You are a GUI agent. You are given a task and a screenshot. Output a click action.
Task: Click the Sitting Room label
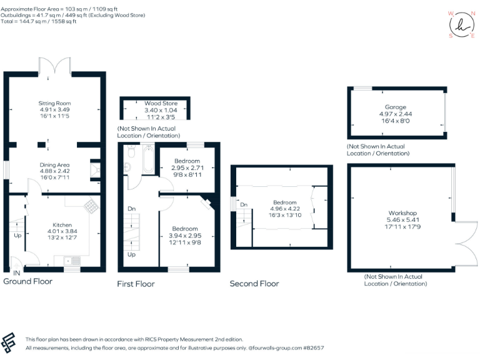[55, 103]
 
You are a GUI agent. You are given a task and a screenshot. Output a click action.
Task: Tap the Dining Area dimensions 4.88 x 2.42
[55, 171]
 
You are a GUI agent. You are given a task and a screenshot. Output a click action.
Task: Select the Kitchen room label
[62, 224]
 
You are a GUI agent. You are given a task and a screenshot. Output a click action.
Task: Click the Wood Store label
[161, 103]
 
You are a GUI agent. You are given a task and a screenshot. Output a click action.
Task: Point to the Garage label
[396, 107]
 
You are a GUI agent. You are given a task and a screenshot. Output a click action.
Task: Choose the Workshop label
[402, 213]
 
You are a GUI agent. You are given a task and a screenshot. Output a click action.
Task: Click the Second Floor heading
[254, 284]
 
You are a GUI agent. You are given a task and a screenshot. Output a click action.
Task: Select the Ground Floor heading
[28, 282]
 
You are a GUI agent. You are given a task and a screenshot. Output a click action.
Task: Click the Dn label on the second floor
[243, 204]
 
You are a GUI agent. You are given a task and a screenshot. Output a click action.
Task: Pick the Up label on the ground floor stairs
[17, 236]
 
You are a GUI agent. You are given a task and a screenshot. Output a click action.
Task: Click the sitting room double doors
[55, 64]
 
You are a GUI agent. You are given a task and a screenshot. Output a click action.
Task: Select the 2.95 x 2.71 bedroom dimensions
[188, 168]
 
